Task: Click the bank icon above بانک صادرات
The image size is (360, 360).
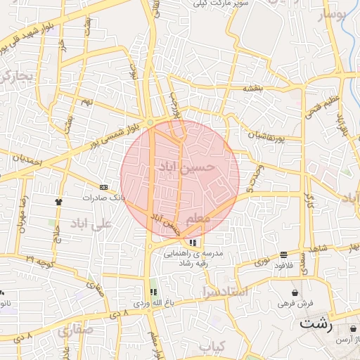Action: (x=104, y=187)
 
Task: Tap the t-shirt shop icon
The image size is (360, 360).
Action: (x=58, y=201)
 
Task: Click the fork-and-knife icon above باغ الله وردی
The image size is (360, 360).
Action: (x=153, y=292)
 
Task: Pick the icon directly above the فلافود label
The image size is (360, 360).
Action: (x=283, y=255)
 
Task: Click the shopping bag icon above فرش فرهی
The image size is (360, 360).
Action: (x=294, y=292)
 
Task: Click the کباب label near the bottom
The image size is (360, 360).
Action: (x=211, y=347)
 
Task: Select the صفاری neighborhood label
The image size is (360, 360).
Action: (x=77, y=329)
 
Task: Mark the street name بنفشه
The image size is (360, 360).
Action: (x=252, y=89)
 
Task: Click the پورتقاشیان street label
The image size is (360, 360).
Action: (x=266, y=134)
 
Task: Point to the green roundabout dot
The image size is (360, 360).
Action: (x=150, y=123)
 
